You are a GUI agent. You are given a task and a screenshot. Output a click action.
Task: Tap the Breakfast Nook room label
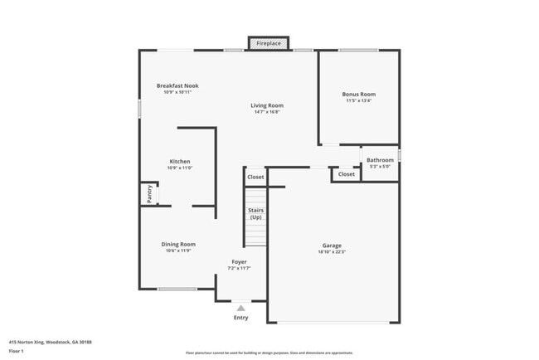pos(177,85)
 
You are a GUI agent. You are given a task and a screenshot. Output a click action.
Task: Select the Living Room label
pos(268,105)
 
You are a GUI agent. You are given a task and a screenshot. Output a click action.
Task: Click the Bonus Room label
pos(358,95)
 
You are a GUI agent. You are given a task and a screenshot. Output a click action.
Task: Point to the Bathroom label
pos(380,159)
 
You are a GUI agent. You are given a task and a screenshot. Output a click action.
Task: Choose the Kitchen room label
pos(180,161)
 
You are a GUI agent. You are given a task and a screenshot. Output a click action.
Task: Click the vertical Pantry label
pos(149,194)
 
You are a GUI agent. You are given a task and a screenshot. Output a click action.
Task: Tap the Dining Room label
pos(178,244)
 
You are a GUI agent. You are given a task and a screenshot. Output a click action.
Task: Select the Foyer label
pos(239,262)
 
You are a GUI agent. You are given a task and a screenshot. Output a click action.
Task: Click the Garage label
pos(332,245)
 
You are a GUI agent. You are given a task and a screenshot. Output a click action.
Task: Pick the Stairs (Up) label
pos(255,214)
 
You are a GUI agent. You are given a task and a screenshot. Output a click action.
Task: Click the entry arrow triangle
pos(241,308)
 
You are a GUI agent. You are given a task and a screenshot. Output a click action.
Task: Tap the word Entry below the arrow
pos(240,318)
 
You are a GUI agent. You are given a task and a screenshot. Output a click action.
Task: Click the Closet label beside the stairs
pos(255,177)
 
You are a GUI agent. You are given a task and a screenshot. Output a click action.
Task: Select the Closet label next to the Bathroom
pos(346,174)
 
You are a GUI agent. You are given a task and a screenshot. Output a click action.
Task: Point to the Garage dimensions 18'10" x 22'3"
pos(332,252)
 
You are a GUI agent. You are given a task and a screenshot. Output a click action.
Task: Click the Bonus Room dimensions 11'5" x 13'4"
pos(358,101)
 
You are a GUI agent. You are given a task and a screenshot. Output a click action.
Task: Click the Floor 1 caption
pos(17,351)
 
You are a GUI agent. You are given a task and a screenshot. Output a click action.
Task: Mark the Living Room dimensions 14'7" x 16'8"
pos(267,112)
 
